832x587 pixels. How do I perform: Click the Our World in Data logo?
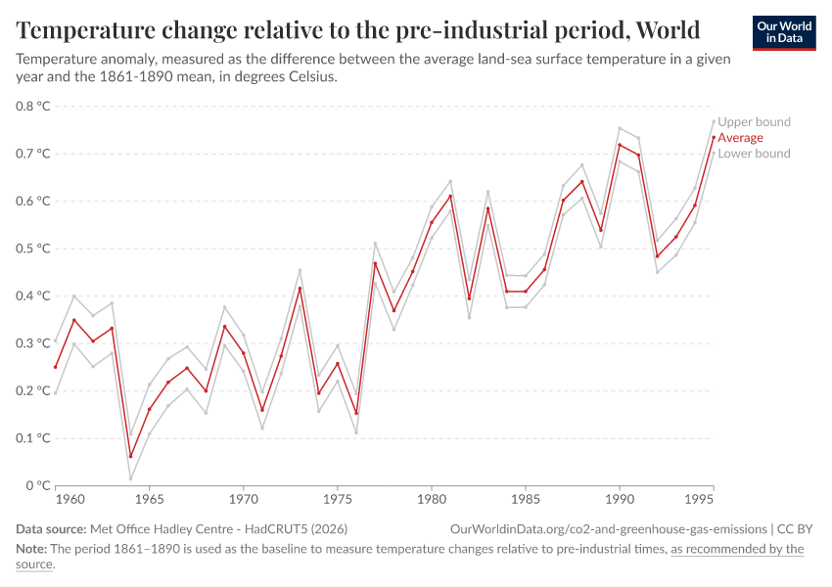784,32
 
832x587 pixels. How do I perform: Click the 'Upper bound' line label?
754,122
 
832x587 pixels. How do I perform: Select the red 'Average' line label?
740,138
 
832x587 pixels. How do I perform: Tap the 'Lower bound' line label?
754,154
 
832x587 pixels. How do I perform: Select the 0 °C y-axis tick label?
37,485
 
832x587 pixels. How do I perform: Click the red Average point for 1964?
130,456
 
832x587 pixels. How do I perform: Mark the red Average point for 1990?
620,145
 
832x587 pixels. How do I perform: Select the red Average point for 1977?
375,263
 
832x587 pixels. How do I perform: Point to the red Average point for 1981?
450,196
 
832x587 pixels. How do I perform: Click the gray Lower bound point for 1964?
130,478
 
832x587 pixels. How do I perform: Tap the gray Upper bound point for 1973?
300,270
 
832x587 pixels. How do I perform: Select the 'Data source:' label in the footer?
55,529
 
